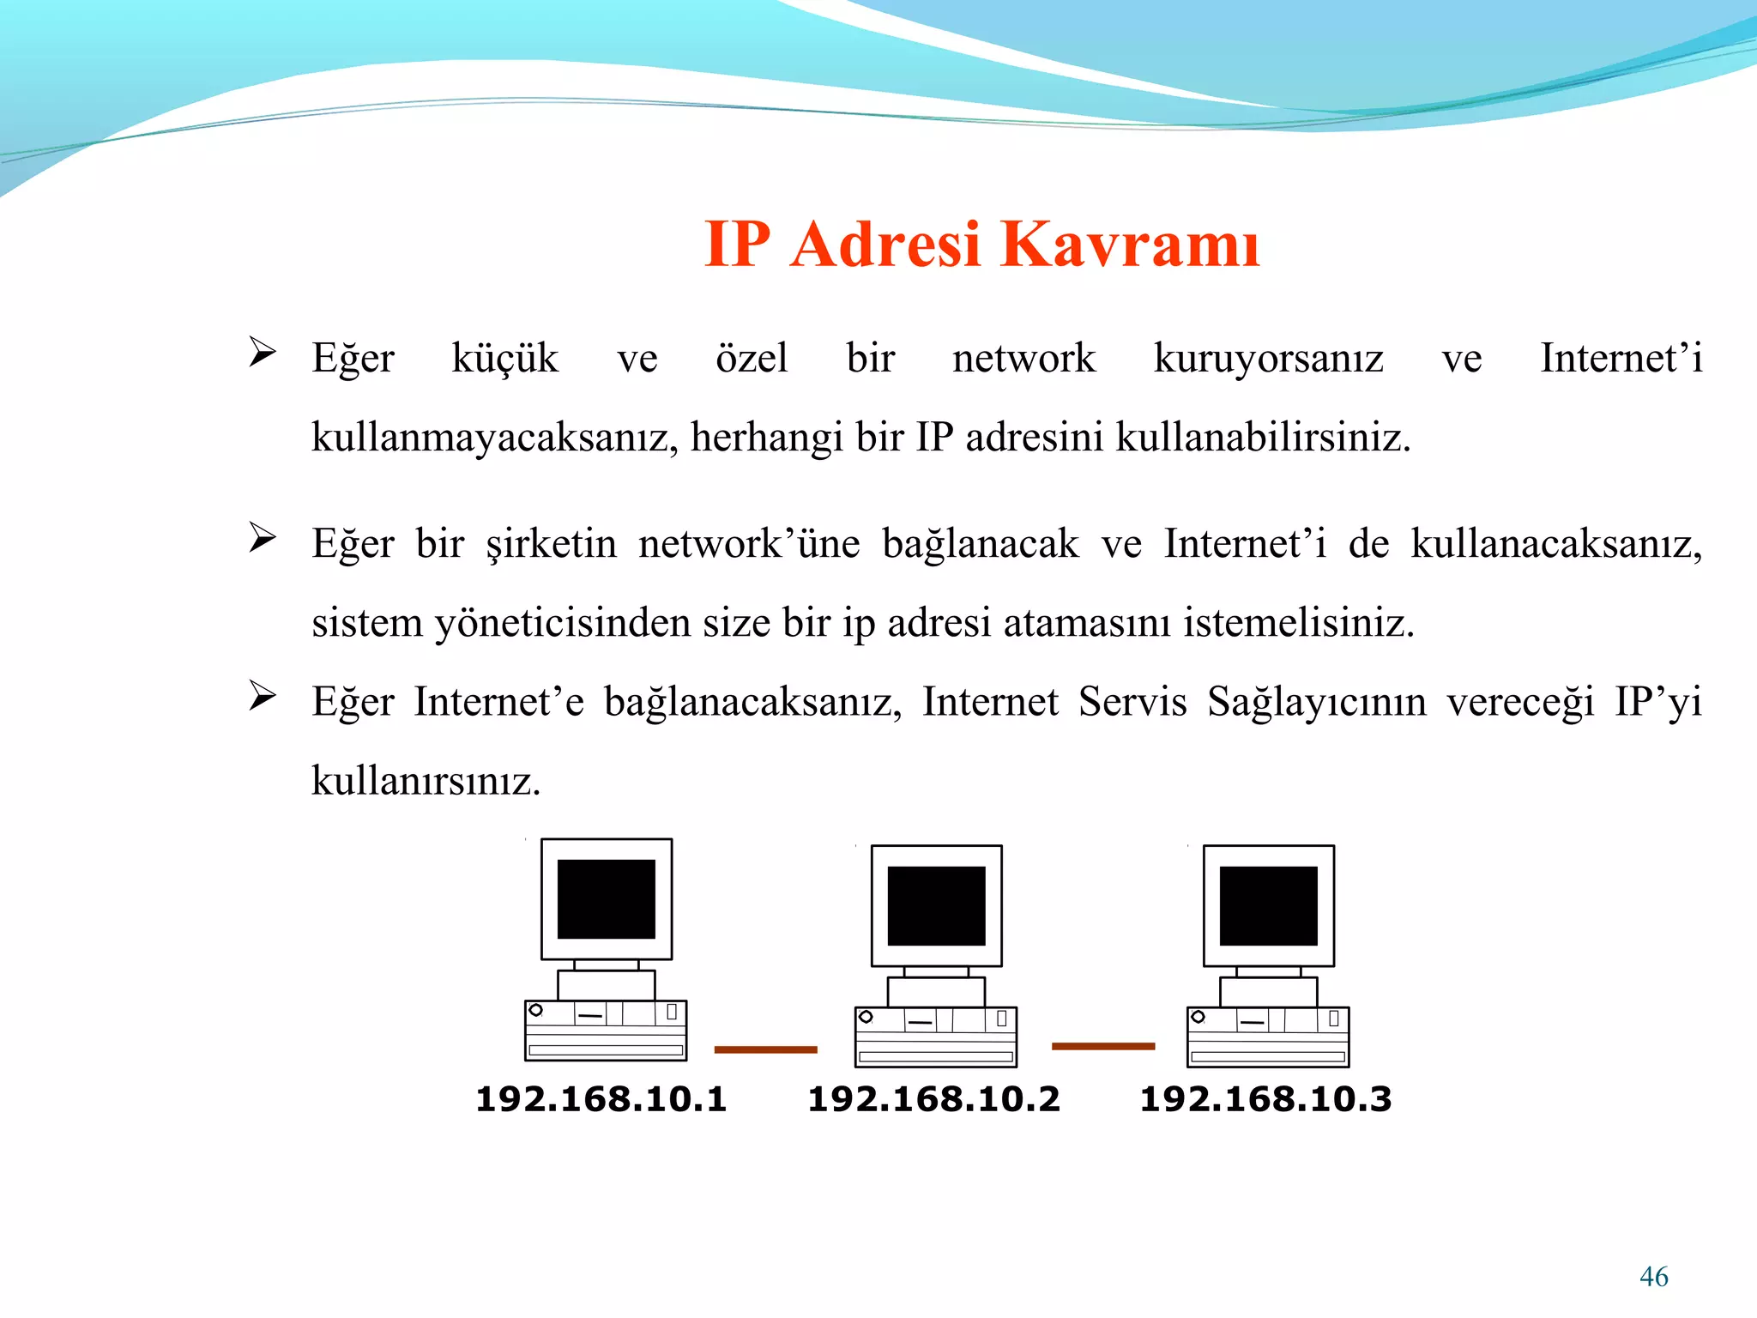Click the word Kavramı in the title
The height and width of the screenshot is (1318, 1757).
[1130, 245]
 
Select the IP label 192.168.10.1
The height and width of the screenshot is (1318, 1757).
[601, 1099]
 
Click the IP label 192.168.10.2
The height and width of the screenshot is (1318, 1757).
[933, 1099]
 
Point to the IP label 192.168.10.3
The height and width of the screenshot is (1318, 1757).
[1265, 1099]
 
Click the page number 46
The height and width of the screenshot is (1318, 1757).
[1653, 1277]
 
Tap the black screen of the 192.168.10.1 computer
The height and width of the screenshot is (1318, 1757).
[606, 899]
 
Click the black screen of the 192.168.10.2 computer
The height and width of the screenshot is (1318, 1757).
[936, 905]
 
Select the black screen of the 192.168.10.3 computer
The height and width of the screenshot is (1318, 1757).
[1268, 905]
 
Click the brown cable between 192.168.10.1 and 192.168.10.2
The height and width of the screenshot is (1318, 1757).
[765, 1049]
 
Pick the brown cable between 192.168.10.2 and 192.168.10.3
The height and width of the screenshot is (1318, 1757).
[1103, 1046]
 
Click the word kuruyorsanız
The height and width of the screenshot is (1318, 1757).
[1268, 359]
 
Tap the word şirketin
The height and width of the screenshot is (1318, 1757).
[551, 544]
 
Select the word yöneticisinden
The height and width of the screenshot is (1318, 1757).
[562, 623]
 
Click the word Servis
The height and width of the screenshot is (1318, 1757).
[1132, 702]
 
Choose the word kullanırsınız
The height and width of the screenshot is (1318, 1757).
[426, 781]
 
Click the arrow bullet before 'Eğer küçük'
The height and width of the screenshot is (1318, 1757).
[262, 352]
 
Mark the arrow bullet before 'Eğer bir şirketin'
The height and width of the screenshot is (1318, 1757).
[262, 537]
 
